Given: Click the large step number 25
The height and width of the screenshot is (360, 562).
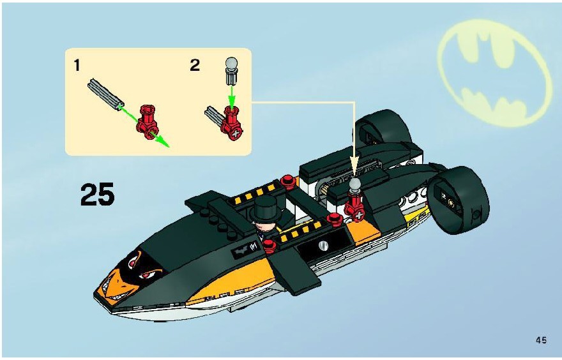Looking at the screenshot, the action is pos(98,195).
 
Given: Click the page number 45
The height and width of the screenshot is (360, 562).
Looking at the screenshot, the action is pos(541,340).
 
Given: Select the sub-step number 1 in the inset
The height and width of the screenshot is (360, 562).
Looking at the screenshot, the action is pos(77,65).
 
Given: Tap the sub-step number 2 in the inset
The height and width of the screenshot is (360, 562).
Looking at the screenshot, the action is pos(195,65).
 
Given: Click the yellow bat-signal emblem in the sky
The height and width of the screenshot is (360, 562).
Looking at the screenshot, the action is pos(494,73).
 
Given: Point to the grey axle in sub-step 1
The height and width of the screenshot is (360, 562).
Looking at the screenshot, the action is pos(104,94).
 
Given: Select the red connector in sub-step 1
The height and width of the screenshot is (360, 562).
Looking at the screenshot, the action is pos(148,122).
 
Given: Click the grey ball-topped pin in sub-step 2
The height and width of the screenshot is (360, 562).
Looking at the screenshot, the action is pos(232,71).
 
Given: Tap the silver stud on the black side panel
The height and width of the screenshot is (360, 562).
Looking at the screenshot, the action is pos(323,245).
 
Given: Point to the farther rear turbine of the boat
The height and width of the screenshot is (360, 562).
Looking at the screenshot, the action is pos(382,127).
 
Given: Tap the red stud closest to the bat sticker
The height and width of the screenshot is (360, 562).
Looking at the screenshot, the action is pos(270,246).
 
